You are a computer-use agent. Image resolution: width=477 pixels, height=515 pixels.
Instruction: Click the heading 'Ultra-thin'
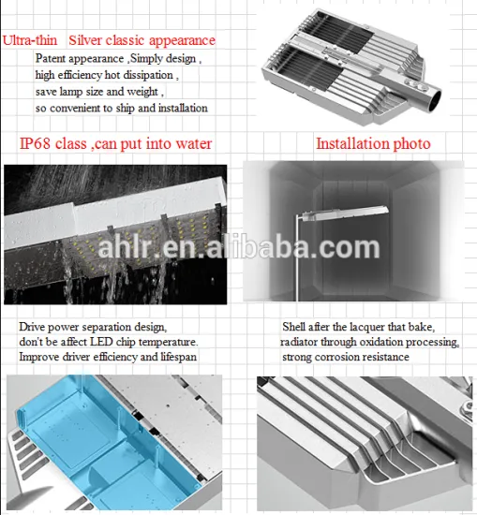(30, 40)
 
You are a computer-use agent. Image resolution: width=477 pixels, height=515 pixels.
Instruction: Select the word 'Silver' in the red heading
(85, 40)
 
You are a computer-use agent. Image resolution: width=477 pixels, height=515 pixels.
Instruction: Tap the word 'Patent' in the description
(51, 58)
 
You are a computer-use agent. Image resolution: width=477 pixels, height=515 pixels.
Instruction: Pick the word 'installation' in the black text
(183, 108)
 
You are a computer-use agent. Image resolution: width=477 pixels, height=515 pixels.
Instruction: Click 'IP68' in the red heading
(35, 143)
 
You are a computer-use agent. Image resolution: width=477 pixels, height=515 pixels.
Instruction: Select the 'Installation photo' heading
(373, 143)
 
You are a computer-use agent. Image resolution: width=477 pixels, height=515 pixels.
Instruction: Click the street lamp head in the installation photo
(344, 213)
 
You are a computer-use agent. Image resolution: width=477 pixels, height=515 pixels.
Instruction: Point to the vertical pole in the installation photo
(297, 257)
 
